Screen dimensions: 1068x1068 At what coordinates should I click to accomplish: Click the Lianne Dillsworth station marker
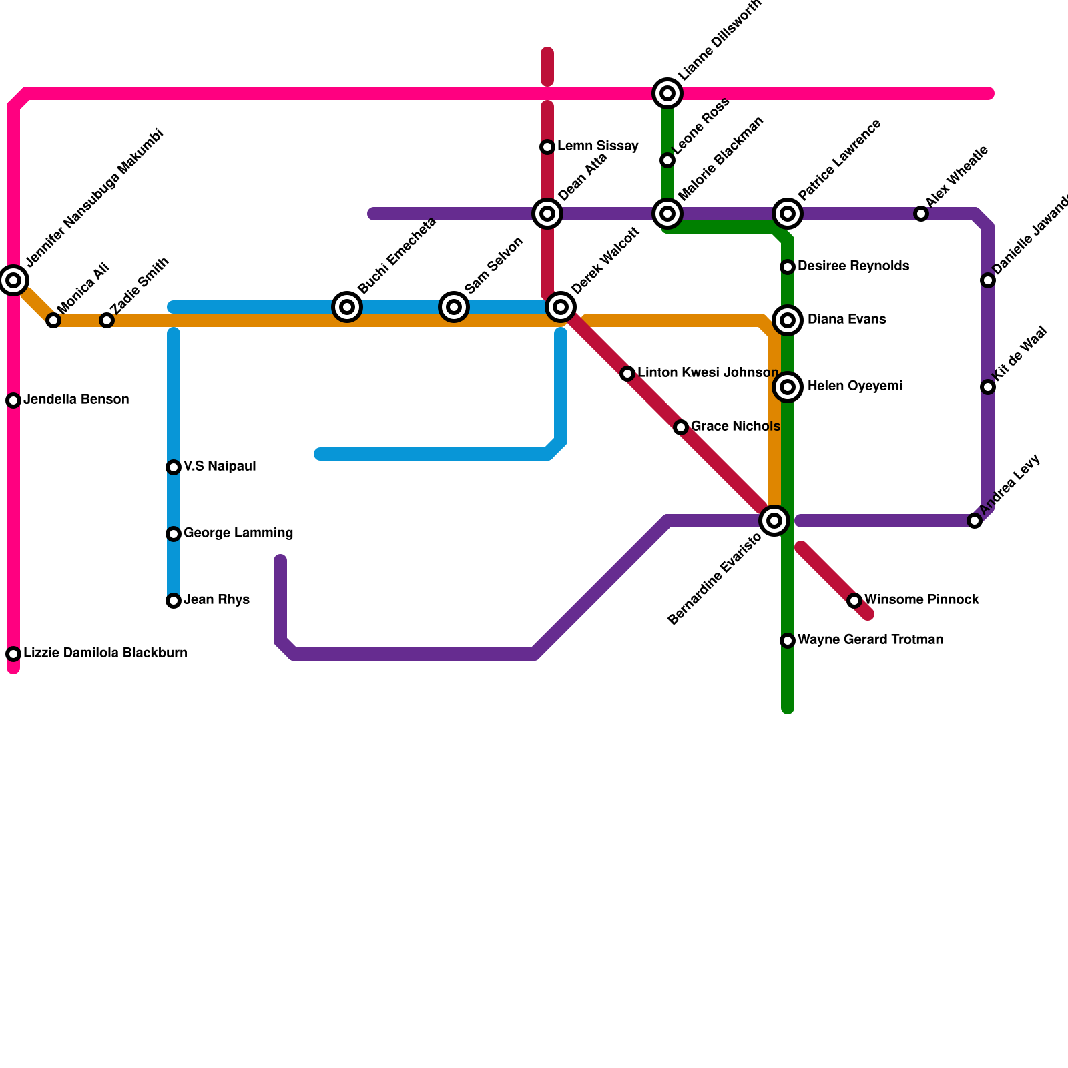click(667, 93)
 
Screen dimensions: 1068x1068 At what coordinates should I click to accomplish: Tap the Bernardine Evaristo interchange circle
click(774, 521)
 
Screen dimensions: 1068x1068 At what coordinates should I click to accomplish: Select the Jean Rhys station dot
click(174, 601)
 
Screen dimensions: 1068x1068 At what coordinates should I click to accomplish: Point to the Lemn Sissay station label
click(597, 146)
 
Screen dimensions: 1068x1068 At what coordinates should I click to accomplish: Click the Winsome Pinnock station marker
click(854, 601)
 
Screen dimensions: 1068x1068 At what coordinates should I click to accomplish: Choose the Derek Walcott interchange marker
click(561, 307)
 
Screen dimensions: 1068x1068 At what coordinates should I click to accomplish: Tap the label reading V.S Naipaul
click(220, 467)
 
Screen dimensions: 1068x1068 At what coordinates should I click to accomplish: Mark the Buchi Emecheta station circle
click(347, 307)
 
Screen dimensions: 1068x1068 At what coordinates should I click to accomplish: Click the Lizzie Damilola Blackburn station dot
click(13, 654)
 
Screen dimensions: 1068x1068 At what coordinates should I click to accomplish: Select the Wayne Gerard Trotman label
click(870, 640)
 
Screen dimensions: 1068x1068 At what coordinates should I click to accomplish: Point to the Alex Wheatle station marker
click(921, 214)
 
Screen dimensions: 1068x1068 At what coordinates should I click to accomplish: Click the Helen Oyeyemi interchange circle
click(788, 387)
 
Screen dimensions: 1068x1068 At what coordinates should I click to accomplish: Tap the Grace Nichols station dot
click(681, 427)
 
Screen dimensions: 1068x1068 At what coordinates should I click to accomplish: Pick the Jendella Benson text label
click(76, 400)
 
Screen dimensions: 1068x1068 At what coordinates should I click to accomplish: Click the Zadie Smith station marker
click(107, 320)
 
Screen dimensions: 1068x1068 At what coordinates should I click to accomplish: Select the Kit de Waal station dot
click(988, 387)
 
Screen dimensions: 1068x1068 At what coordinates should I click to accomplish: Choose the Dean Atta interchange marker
click(547, 214)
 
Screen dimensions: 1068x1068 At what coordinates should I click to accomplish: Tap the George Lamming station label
click(238, 533)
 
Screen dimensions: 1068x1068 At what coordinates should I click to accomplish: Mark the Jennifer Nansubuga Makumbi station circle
click(13, 280)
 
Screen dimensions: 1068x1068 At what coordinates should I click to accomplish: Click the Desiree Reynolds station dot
click(788, 267)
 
